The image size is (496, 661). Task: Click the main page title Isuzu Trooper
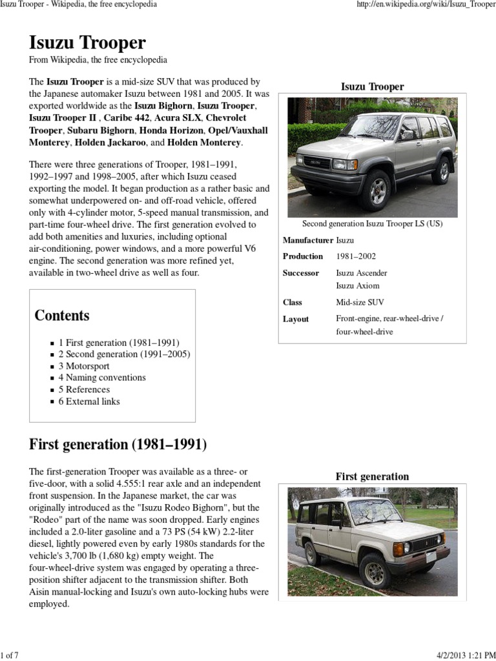[x=87, y=43]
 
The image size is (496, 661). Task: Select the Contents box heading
[x=62, y=316]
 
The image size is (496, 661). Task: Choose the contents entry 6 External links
[x=89, y=401]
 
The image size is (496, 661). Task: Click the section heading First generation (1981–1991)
[x=118, y=445]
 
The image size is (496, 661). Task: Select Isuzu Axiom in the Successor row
[x=358, y=285]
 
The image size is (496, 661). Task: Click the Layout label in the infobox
[x=296, y=319]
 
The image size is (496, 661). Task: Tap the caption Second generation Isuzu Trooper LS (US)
[x=372, y=223]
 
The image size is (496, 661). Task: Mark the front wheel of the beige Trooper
[x=375, y=572]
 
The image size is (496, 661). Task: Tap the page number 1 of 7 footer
[x=10, y=656]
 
